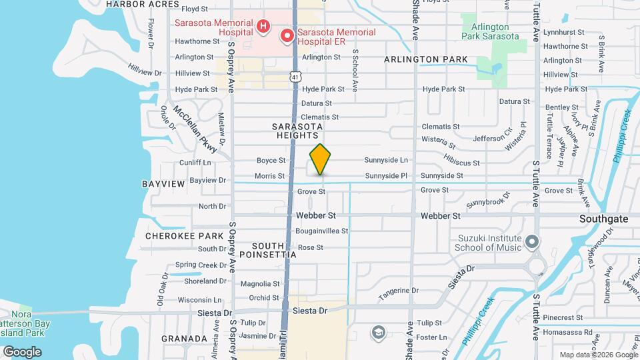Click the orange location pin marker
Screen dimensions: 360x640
click(320, 159)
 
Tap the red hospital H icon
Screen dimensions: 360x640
click(263, 27)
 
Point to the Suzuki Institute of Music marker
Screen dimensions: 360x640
click(531, 241)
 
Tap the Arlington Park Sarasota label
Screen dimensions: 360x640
click(495, 31)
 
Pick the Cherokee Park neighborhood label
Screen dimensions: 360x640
click(184, 236)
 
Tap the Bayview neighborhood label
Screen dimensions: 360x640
click(158, 183)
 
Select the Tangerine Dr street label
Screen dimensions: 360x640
click(398, 291)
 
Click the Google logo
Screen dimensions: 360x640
click(22, 351)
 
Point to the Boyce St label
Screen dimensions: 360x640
click(271, 161)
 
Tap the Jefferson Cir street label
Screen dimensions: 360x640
click(493, 138)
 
